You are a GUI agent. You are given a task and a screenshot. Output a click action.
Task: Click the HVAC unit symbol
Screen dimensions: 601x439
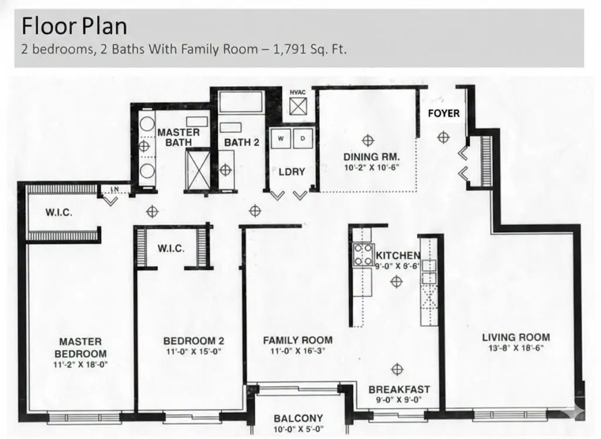(298, 106)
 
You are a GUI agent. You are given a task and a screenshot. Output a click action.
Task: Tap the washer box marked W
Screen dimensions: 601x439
(281, 139)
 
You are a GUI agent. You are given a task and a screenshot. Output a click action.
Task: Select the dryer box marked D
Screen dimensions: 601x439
(303, 139)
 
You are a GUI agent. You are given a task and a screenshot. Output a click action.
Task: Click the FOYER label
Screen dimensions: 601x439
(444, 113)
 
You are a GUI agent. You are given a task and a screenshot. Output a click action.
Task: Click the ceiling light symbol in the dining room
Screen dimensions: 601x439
(368, 140)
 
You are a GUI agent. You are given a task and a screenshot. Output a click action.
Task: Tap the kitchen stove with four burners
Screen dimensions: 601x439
(363, 255)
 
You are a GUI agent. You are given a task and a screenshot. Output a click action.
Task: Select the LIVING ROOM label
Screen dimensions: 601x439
(516, 337)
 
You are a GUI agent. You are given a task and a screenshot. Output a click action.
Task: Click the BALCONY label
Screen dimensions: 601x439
(298, 418)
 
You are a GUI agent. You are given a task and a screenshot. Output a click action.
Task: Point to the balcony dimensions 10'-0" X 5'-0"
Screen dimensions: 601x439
(298, 430)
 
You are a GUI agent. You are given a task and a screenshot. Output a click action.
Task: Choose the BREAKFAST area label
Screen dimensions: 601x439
(399, 390)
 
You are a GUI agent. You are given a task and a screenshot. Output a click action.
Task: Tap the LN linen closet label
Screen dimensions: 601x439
(114, 189)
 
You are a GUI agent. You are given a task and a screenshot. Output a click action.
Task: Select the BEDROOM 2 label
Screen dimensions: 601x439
(194, 341)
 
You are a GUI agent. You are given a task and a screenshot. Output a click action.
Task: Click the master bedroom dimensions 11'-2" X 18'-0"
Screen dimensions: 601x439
(80, 364)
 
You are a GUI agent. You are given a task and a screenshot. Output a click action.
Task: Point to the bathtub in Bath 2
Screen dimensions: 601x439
(241, 102)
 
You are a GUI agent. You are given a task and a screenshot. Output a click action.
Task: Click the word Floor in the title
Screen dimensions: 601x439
(48, 26)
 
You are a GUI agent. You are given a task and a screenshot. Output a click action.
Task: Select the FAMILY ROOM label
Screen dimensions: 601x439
(298, 340)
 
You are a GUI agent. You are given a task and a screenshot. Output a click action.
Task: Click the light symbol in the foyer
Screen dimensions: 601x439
(444, 137)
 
